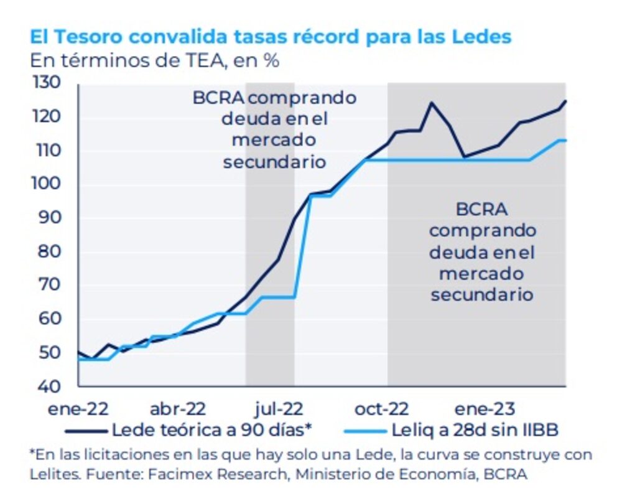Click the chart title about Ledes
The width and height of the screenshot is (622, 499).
(x=271, y=37)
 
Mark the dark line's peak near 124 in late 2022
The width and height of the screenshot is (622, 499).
(x=430, y=103)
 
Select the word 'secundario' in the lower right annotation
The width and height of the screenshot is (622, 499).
(x=482, y=294)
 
